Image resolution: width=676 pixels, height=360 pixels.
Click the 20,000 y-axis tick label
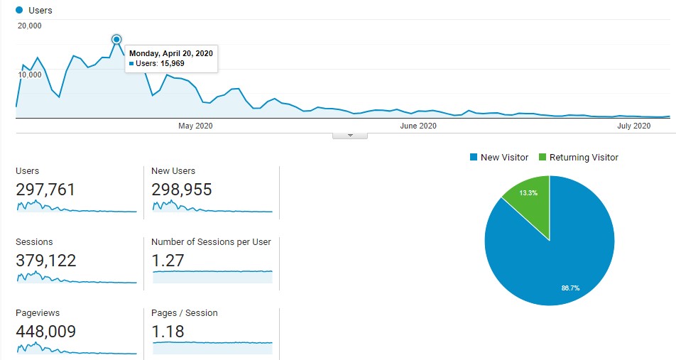tap(30, 26)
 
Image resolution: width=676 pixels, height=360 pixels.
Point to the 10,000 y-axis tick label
tap(30, 75)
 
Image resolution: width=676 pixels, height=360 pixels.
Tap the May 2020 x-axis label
tap(195, 126)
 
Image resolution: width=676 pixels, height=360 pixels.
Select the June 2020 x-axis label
tap(418, 126)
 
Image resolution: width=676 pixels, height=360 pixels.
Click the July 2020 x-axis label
tap(633, 126)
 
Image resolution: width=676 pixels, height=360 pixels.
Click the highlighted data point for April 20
tap(116, 39)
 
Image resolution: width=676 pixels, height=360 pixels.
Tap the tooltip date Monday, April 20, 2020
tap(170, 53)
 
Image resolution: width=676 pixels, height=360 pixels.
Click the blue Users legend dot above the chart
tap(19, 11)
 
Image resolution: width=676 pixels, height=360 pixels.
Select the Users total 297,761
tap(45, 190)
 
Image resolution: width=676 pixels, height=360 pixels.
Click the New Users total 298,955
tap(182, 190)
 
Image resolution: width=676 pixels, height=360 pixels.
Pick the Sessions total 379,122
tap(45, 261)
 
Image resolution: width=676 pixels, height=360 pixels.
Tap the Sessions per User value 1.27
tap(168, 261)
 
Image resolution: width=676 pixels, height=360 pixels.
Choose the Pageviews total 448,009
tap(45, 332)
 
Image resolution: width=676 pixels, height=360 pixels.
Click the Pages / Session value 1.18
tap(168, 332)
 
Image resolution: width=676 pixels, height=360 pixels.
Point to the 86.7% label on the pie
tap(570, 288)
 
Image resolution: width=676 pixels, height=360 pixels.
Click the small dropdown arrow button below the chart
tap(349, 135)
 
